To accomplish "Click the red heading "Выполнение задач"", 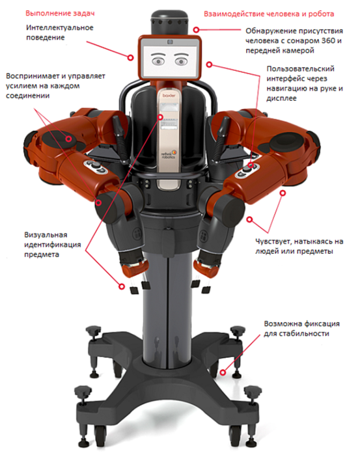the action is tap(60, 13).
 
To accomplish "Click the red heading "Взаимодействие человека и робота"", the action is tap(269, 14).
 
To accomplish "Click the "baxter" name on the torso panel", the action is tap(169, 95).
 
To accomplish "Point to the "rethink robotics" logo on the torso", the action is tap(169, 154).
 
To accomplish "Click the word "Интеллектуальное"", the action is tap(60, 28).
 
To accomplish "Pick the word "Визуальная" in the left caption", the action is tap(46, 235).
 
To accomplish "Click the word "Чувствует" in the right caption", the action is tap(273, 241).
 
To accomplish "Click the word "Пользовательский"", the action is tap(301, 69).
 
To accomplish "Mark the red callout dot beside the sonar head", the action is tap(196, 29).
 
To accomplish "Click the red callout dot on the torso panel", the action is tap(160, 117).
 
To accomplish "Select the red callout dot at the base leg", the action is tap(223, 372).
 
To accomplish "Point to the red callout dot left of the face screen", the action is tap(131, 57).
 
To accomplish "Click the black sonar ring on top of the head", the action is tap(170, 21).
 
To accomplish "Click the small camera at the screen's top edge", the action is tap(170, 42).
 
